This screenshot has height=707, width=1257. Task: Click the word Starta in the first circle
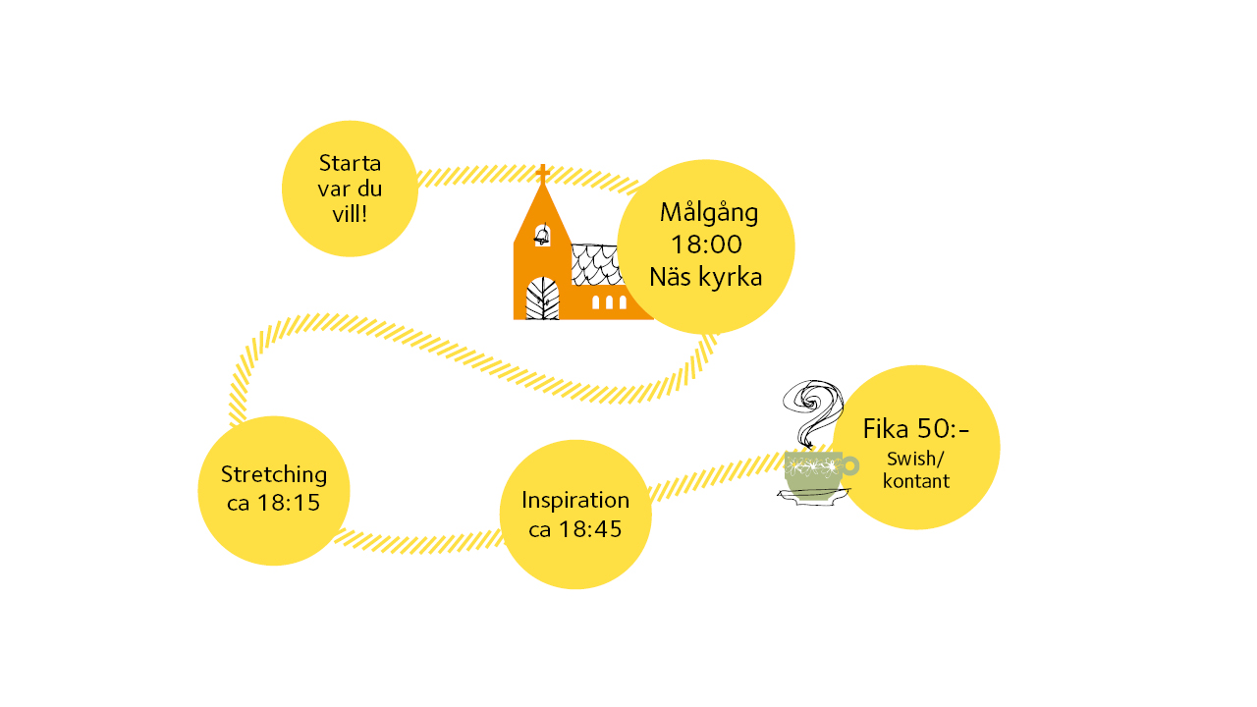coord(350,163)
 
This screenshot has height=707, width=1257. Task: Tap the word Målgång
coord(709,213)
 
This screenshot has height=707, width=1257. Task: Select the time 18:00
coord(706,245)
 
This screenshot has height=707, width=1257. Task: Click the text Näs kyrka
coord(706,277)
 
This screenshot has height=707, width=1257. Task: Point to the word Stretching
coord(274,475)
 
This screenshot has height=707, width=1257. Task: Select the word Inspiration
coord(575,499)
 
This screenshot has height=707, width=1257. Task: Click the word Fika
coord(886,429)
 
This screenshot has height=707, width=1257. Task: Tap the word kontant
coord(915,481)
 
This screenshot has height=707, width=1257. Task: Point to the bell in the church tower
coord(541,235)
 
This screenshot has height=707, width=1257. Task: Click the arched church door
coord(542,299)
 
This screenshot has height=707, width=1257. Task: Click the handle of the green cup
coord(849,465)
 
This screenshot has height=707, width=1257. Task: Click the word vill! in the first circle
coord(350,213)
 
